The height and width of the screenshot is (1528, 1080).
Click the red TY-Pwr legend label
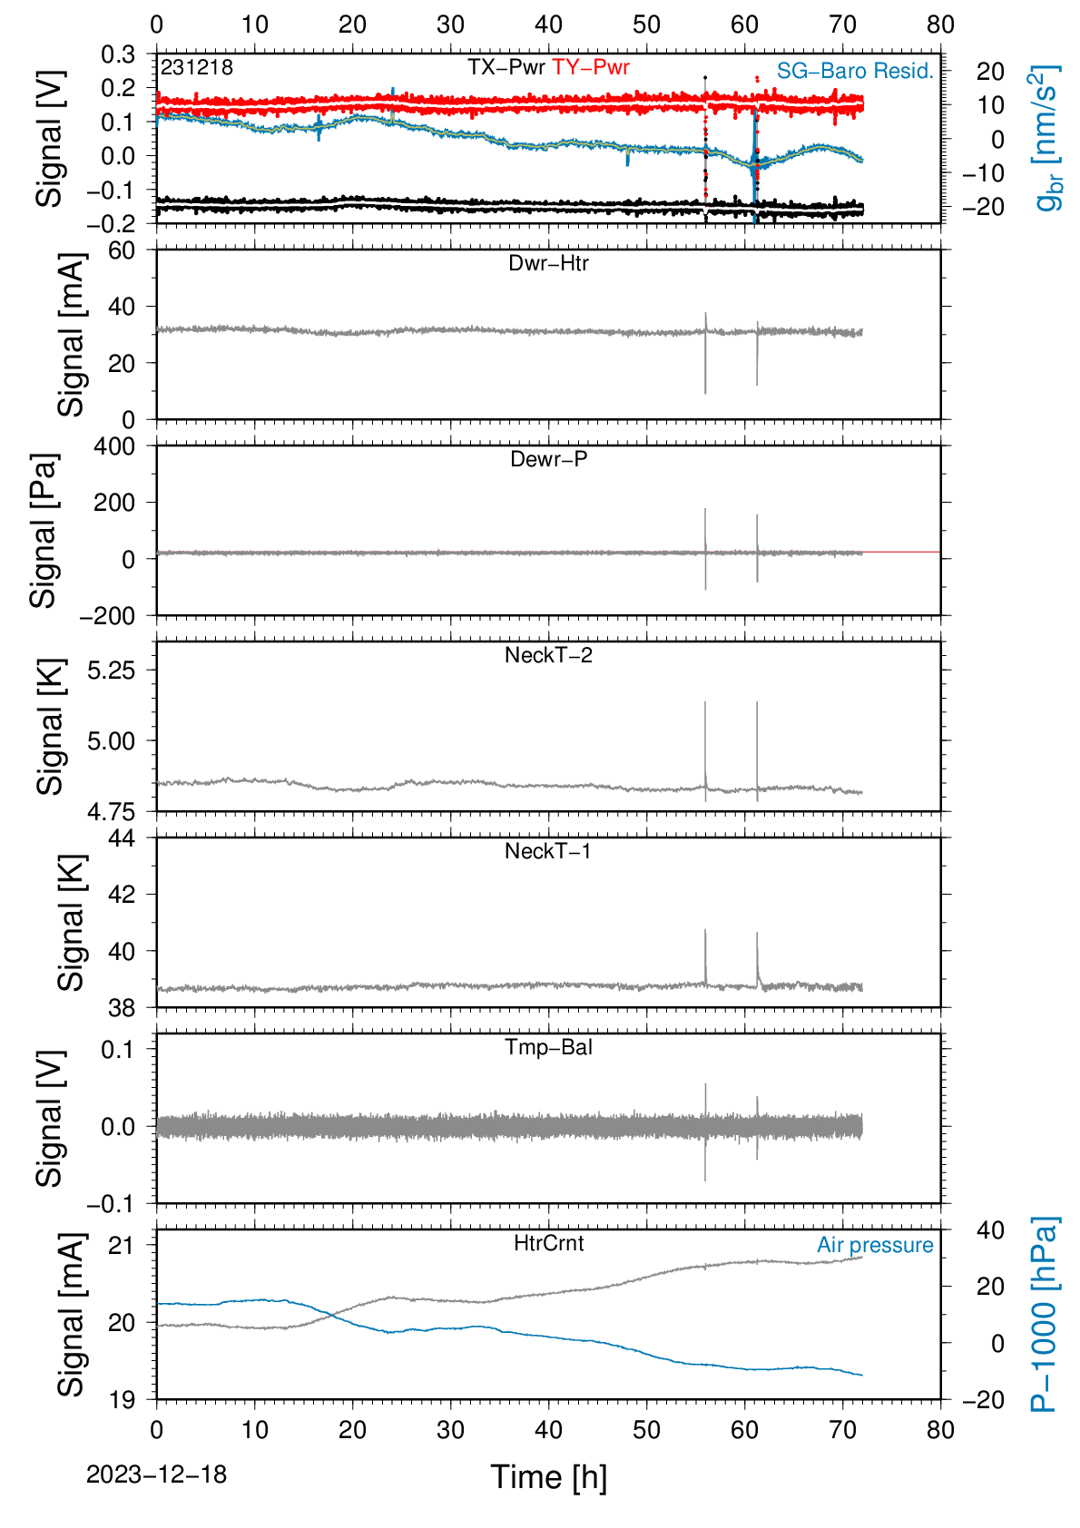(590, 67)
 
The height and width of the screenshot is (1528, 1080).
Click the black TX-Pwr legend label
(506, 67)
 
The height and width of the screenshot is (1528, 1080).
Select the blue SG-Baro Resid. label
(855, 71)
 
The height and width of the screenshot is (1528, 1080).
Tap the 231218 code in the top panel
(197, 67)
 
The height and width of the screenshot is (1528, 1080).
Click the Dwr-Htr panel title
(548, 263)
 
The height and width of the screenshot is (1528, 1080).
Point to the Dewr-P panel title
(548, 459)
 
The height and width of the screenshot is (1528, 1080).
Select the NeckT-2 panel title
(548, 655)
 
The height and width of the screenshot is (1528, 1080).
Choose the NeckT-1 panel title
(548, 850)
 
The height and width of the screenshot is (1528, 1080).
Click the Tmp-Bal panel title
(548, 1046)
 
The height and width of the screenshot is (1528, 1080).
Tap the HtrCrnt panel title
(548, 1243)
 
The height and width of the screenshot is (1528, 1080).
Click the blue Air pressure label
(875, 1245)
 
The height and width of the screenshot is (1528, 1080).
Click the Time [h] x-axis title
(548, 1477)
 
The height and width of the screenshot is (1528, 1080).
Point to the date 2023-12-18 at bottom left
(156, 1474)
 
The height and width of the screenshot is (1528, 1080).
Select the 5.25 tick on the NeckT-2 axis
(112, 671)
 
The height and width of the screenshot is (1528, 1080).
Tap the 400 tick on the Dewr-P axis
(114, 446)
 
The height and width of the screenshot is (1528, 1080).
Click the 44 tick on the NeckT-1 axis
(122, 838)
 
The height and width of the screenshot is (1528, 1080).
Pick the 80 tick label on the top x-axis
(940, 25)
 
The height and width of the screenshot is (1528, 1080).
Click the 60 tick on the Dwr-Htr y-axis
(122, 251)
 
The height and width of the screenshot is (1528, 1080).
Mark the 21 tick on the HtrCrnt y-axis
(122, 1246)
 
